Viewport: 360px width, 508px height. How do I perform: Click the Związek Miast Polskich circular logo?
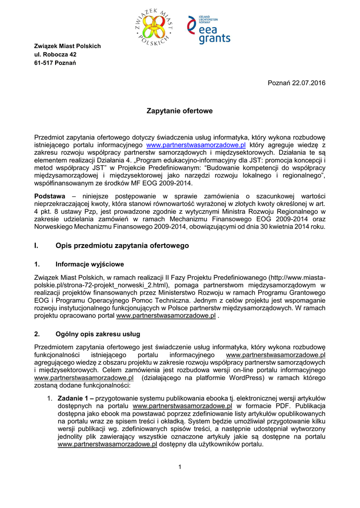click(x=153, y=27)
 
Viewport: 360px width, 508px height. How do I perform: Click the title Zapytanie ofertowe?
click(x=180, y=111)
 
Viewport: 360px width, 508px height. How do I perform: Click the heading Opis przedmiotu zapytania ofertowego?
click(x=122, y=245)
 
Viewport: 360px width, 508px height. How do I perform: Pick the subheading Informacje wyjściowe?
click(x=90, y=264)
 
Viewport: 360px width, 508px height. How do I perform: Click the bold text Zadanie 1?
click(x=74, y=398)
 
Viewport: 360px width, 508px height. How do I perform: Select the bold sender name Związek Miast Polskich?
click(x=67, y=46)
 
